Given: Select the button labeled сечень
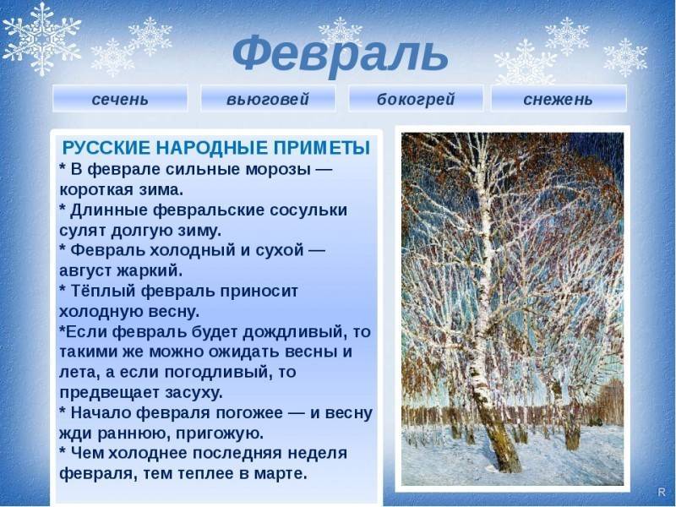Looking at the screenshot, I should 120,99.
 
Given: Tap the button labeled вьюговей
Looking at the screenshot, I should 267,99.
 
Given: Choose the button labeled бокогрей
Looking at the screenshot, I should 415,99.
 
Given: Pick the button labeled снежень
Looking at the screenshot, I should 558,99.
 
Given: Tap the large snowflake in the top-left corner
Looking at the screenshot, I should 42,38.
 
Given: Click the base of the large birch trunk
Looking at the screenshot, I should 505,461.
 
